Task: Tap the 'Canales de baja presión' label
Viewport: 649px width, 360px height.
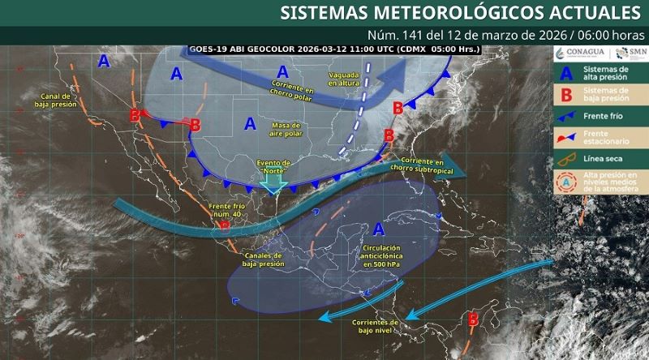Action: (264, 259)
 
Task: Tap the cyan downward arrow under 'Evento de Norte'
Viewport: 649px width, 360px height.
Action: (273, 184)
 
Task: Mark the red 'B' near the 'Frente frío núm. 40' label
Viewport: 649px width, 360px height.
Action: (225, 226)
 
